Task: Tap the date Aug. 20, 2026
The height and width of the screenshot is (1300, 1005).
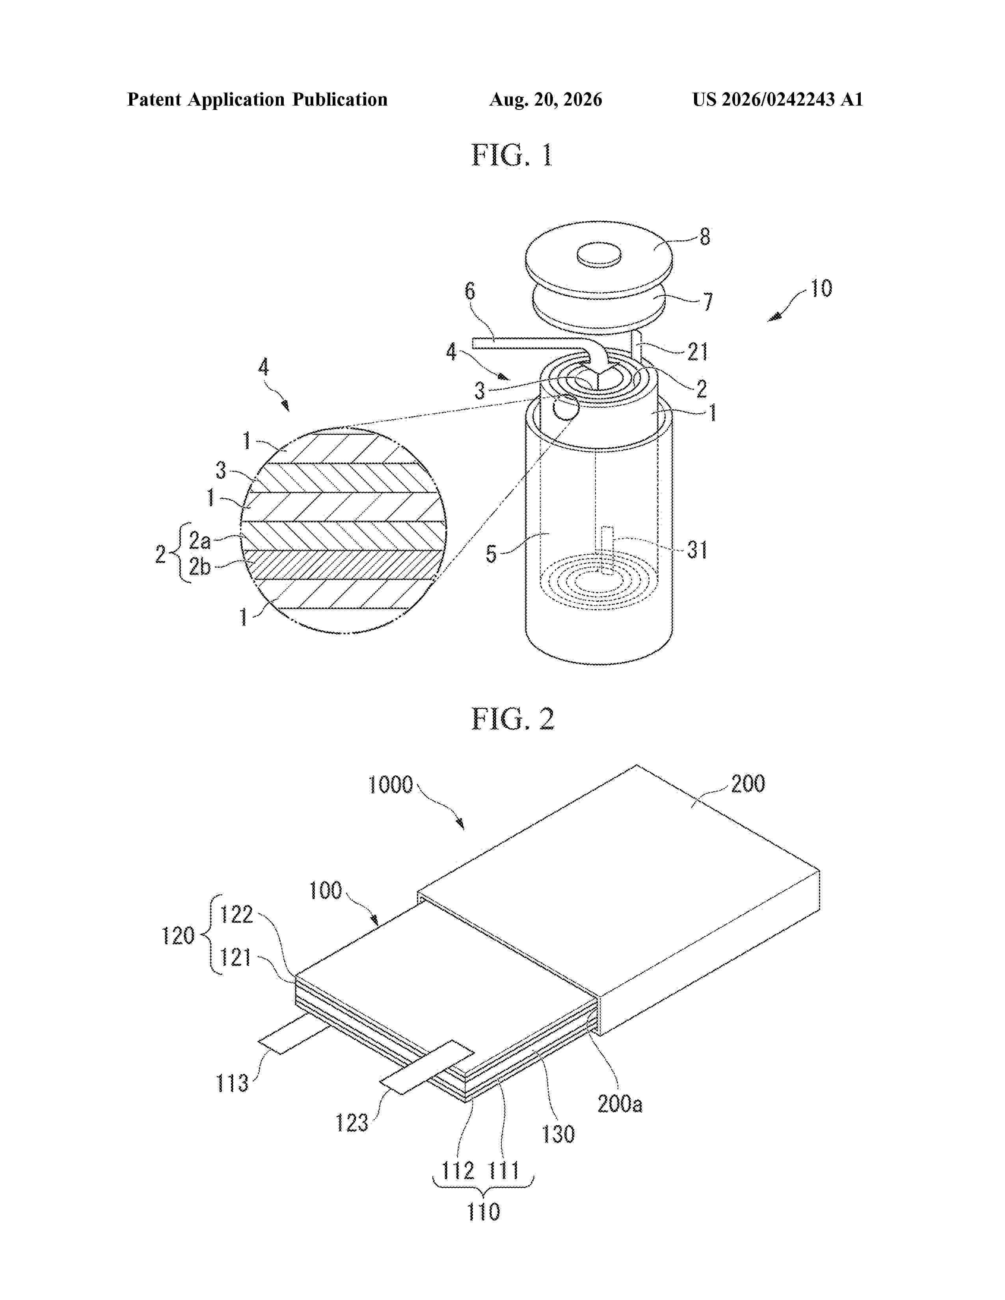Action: [x=545, y=99]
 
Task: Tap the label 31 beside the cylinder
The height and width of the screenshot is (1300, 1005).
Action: [x=697, y=550]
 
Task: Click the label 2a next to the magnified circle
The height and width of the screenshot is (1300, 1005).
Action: [x=199, y=540]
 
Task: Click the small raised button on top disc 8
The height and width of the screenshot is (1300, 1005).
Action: [x=599, y=254]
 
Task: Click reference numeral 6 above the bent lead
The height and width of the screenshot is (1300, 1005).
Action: [x=470, y=291]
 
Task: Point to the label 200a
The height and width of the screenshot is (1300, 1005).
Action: [x=620, y=1104]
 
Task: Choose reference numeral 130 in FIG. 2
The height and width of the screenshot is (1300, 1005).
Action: [x=558, y=1134]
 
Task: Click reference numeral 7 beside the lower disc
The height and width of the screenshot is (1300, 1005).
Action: [x=707, y=302]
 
